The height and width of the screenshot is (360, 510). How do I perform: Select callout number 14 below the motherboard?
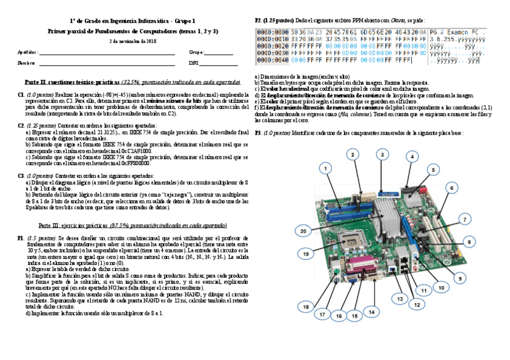coord(371,313)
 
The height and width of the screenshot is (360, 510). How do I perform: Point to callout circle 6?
coord(450,188)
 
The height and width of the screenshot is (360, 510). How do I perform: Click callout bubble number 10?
coord(441,288)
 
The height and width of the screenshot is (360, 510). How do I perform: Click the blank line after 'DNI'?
coord(219,63)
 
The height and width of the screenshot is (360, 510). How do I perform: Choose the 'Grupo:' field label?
coord(197,52)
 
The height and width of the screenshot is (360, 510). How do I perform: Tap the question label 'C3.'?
coord(21,175)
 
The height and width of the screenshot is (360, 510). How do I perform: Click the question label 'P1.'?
coord(21,238)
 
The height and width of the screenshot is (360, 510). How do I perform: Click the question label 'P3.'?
coord(258,133)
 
